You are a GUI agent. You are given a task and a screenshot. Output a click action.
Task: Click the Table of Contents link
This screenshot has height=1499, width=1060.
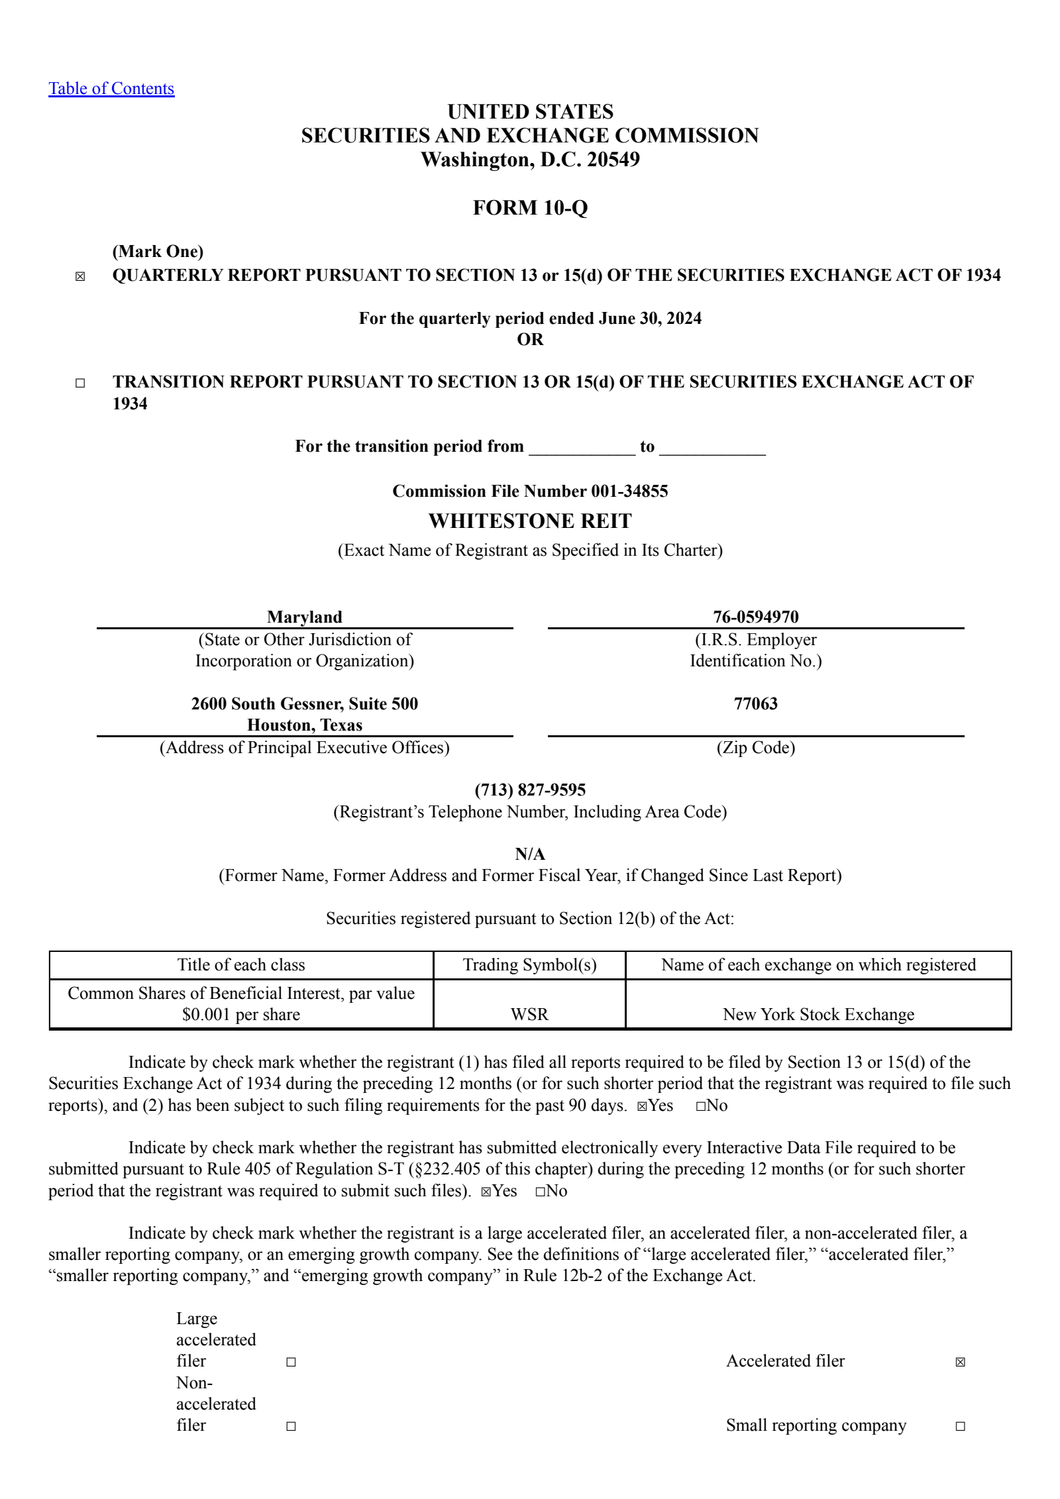(x=111, y=89)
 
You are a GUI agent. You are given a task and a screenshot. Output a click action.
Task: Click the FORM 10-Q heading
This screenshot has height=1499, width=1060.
(x=530, y=208)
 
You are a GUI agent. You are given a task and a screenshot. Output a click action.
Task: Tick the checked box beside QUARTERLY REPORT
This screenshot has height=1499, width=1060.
(x=80, y=277)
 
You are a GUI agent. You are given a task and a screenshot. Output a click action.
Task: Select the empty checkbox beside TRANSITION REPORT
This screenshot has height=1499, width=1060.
(x=80, y=383)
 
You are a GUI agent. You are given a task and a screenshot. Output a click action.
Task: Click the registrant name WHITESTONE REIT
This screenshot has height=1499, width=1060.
(x=530, y=521)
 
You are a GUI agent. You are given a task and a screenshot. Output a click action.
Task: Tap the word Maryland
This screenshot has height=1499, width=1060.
(x=305, y=617)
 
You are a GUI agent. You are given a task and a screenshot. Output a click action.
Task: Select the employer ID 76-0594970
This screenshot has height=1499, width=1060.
(x=755, y=617)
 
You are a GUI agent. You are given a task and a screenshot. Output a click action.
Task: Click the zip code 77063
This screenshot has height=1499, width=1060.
(x=755, y=703)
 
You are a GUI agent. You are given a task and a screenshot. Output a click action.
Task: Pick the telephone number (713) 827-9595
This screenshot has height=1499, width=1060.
(x=530, y=790)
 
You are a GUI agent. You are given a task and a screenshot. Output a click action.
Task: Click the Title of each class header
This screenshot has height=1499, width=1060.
(x=241, y=964)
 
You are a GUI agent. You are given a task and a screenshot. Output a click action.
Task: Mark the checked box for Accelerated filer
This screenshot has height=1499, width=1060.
(x=960, y=1362)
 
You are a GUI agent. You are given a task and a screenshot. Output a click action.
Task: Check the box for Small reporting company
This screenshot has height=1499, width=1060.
(x=960, y=1426)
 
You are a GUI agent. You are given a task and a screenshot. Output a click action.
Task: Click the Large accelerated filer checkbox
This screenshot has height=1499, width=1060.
(x=291, y=1362)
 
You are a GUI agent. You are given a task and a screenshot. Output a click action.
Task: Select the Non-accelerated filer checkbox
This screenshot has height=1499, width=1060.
(x=291, y=1426)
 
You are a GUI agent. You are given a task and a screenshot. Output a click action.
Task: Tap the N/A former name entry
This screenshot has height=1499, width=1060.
(x=530, y=854)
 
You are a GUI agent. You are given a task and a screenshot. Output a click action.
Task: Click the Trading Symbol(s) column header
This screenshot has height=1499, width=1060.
(x=529, y=964)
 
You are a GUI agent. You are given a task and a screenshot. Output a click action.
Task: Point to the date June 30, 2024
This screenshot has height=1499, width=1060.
(x=650, y=319)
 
